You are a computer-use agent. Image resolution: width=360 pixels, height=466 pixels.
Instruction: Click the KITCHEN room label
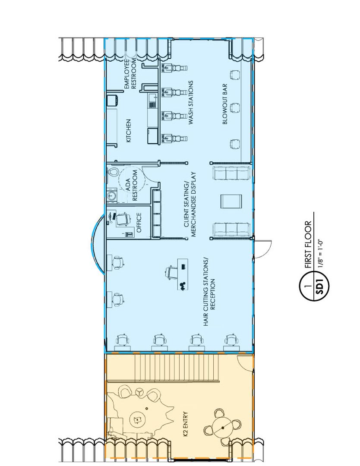[x=129, y=130]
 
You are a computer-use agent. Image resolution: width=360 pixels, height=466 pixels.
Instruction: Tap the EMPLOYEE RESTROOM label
[x=130, y=73]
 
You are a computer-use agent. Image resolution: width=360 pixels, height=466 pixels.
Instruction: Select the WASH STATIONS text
[x=190, y=103]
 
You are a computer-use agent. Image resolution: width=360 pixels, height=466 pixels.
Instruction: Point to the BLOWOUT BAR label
[x=225, y=104]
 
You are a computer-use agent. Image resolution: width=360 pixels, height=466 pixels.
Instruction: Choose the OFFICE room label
[x=139, y=222]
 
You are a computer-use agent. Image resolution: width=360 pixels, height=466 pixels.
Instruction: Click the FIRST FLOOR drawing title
[x=308, y=244]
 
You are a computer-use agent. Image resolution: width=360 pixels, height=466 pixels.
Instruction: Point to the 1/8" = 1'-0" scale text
[x=320, y=252]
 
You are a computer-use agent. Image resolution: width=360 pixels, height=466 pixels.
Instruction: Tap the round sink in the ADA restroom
[x=112, y=195]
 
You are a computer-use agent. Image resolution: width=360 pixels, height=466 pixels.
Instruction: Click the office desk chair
[x=123, y=219]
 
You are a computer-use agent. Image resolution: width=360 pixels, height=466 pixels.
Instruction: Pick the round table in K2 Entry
[x=223, y=428]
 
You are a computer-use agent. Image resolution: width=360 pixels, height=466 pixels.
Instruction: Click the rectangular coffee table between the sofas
[x=231, y=201]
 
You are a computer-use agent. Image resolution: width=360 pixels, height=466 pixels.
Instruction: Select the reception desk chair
[x=171, y=271]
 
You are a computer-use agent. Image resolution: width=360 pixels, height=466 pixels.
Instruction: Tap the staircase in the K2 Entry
[x=177, y=367]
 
